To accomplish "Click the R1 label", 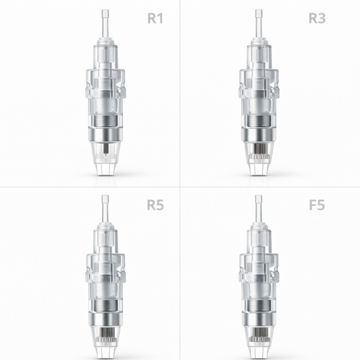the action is coord(155,18).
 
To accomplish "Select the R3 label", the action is coord(317,18).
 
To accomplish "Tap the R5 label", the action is coord(155,205).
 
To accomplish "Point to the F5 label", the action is coord(317,205).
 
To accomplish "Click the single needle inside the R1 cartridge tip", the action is coord(105,151).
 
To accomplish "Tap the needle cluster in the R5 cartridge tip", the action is coord(105,334).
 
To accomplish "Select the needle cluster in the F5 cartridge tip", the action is coord(259,334).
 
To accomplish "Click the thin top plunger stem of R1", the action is coord(105,23).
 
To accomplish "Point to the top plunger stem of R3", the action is coord(259,23).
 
